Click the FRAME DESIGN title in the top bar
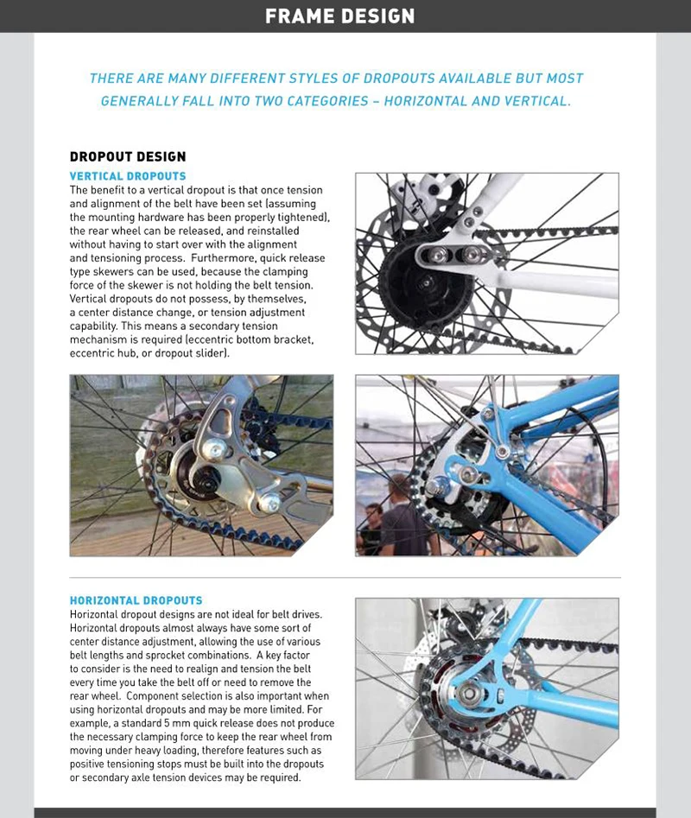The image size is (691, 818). point(339,16)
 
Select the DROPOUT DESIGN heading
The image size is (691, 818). point(127,156)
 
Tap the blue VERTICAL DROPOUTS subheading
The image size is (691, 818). point(127,176)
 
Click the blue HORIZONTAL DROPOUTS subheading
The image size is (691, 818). point(136,600)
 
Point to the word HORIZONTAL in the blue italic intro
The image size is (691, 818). point(427,101)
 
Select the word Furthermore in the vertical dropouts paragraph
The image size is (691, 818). point(187,257)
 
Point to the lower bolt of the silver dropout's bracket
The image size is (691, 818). point(269,503)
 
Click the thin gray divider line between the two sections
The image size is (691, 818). point(345,577)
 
